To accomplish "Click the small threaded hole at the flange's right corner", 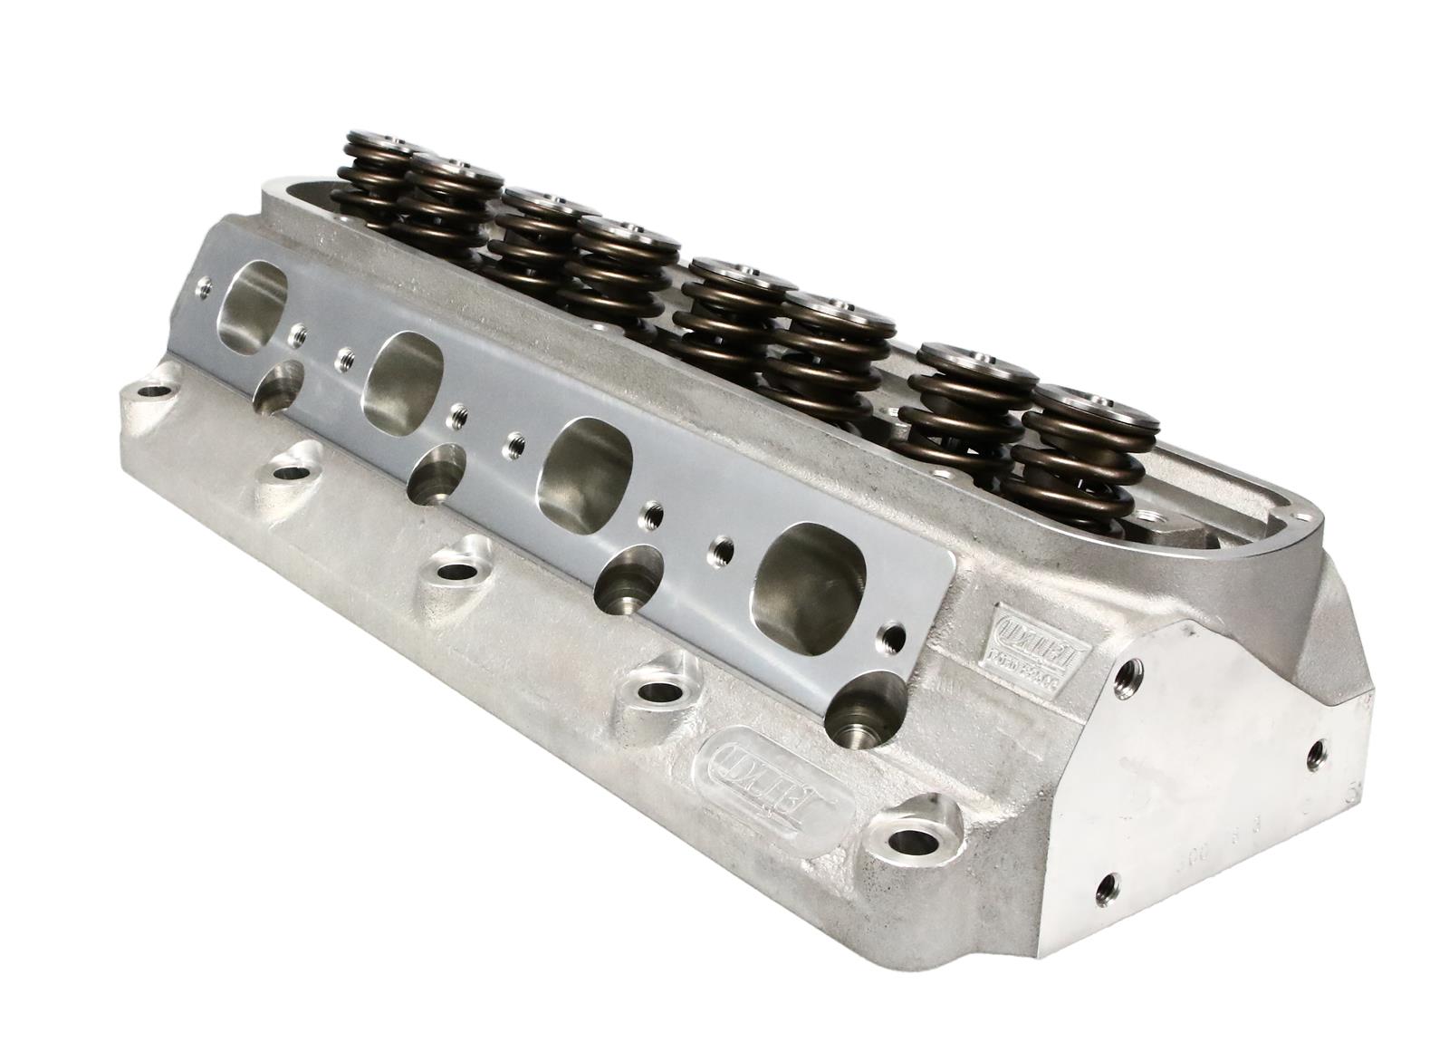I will point(896,634).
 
